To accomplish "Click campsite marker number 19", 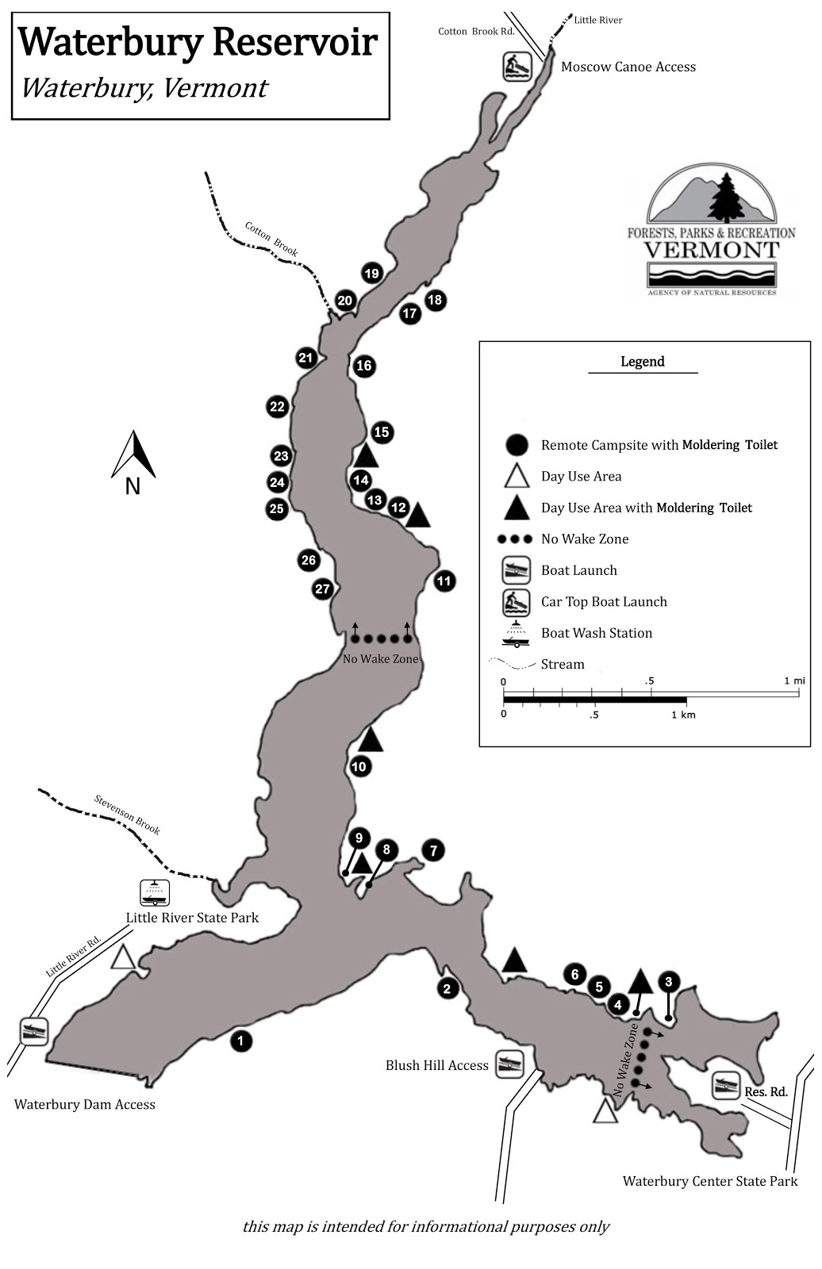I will click(371, 274).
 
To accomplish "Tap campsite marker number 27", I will click(322, 589).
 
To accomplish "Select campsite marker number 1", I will click(241, 1041).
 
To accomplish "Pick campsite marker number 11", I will click(444, 581).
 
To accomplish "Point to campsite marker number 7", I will click(433, 851).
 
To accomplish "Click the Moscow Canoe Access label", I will click(628, 67).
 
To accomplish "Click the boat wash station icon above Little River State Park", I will click(155, 893).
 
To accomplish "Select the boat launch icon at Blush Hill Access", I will click(510, 1064).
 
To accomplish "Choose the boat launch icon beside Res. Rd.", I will click(725, 1086).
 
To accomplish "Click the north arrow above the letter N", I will click(134, 454).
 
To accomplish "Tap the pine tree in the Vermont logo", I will click(725, 197).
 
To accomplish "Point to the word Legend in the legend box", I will click(642, 362).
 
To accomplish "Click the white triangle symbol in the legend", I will click(517, 476).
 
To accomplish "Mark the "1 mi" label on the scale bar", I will click(793, 681).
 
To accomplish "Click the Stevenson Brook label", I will click(128, 814).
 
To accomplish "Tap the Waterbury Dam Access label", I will click(85, 1104).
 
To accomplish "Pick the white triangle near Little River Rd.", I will click(122, 957).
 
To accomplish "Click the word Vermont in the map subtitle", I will click(214, 88).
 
